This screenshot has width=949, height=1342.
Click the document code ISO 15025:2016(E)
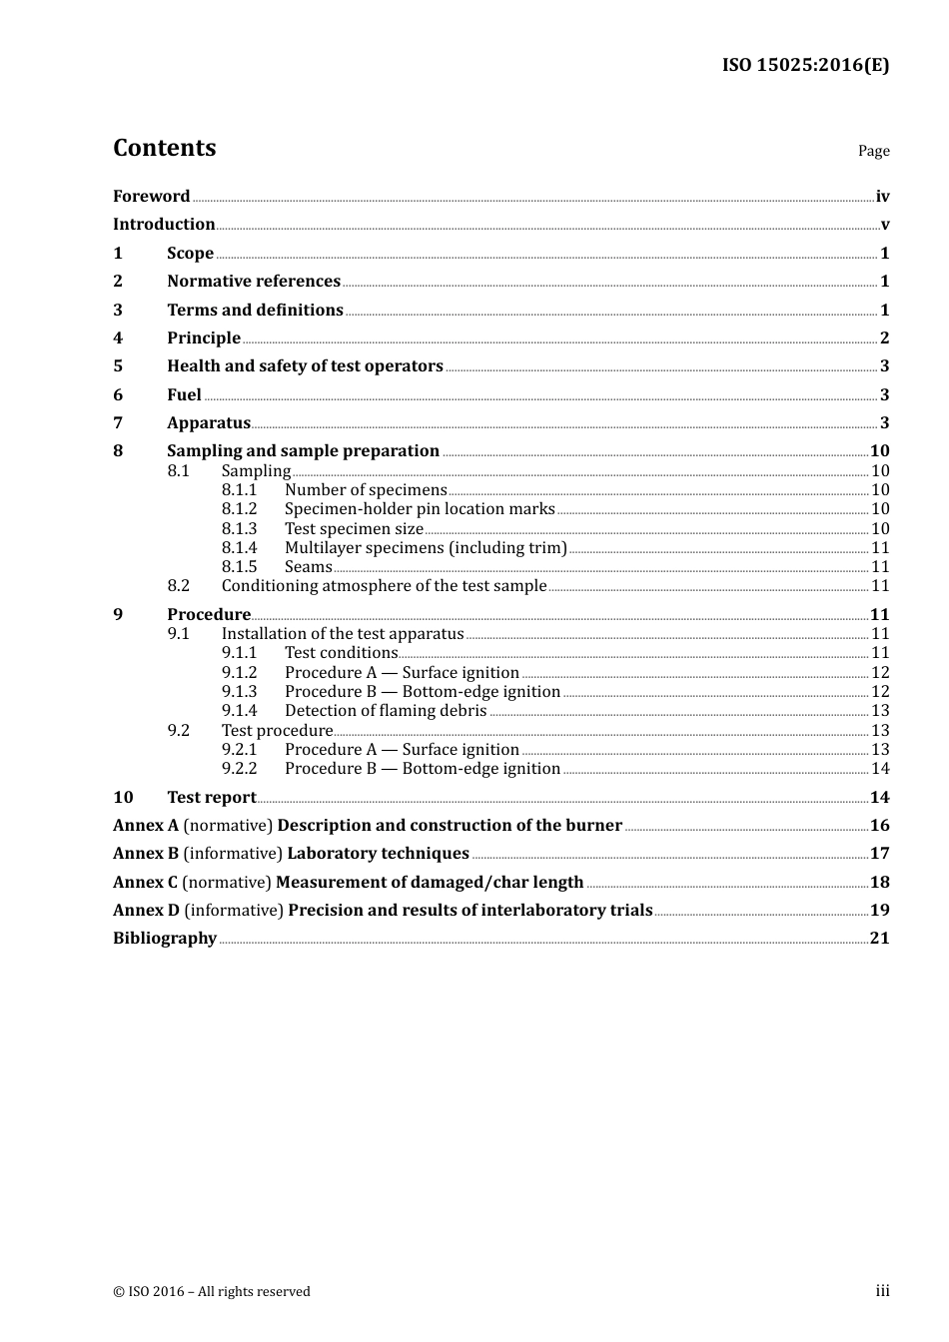coord(805,65)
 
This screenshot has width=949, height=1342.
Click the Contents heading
coord(164,148)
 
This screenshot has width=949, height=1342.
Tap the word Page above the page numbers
coord(873,151)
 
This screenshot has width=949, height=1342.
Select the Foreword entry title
coord(151,196)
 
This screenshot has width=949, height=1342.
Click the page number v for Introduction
coord(884,225)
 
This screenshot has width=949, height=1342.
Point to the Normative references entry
coord(254,282)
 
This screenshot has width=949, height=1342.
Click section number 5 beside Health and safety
coord(118,366)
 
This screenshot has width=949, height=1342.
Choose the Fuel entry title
coord(184,394)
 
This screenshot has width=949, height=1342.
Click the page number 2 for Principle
coord(884,338)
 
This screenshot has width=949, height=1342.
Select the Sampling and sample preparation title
coord(303,451)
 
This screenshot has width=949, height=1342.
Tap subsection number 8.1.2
coord(239,509)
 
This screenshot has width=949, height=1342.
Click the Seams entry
coord(308,567)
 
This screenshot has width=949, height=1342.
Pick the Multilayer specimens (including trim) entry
coord(426,548)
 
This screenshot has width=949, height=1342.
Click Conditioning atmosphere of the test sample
coord(384,586)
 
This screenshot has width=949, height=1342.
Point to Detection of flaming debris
coord(386,711)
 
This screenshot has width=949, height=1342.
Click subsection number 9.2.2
coord(239,769)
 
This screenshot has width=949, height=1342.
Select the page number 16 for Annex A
coord(879,826)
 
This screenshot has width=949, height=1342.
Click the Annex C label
coord(145,883)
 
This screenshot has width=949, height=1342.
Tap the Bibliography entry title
coord(165,939)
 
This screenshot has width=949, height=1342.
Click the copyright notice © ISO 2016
coord(212,1292)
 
